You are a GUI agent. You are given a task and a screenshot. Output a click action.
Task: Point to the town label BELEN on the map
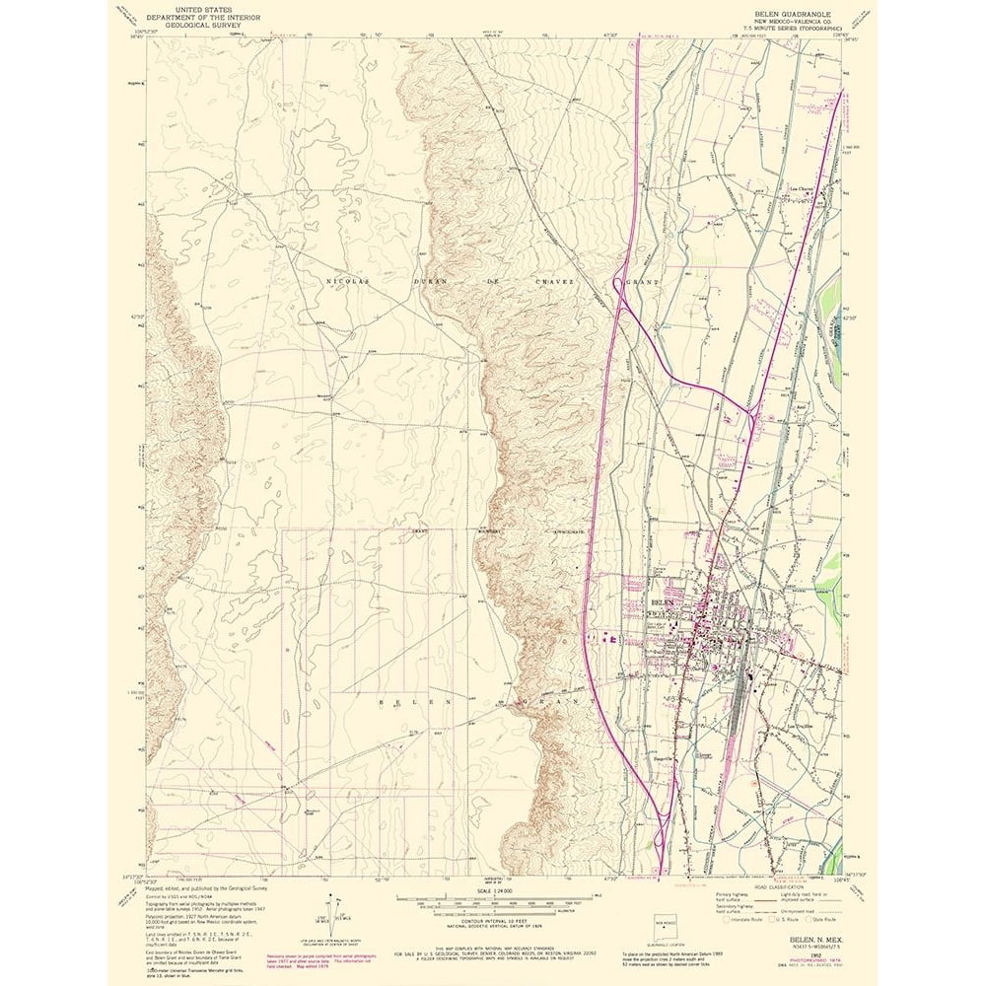662,600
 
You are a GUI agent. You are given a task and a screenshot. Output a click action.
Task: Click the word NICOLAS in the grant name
344,281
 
